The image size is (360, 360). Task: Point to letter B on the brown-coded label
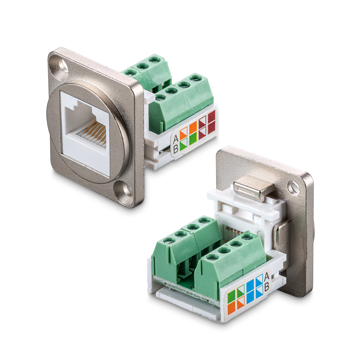[x=176, y=149]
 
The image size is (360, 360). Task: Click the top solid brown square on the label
[x=212, y=117]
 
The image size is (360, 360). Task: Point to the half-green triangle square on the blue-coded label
[x=240, y=291]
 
